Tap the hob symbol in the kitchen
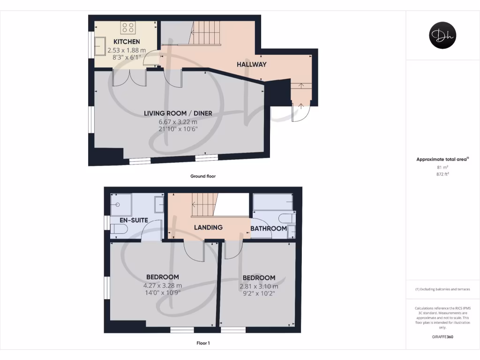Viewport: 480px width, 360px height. point(128,28)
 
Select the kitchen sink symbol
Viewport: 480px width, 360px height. point(101,46)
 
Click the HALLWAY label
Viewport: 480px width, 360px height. point(251,64)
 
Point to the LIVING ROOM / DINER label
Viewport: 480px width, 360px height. point(178,113)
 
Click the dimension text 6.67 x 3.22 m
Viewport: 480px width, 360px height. point(178,122)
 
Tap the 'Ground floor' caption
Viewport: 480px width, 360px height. point(202,176)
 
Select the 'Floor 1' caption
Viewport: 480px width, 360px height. point(203,343)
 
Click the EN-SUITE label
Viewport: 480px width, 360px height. point(134,219)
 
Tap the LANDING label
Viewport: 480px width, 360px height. point(209,227)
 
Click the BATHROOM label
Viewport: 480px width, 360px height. point(268,229)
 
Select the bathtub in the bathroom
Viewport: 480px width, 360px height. point(273,202)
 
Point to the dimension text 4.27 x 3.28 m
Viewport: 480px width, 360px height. point(163,285)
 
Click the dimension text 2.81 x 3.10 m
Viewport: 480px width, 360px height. point(259,286)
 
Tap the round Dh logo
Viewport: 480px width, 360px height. point(443,36)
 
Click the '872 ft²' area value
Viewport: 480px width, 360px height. point(443,174)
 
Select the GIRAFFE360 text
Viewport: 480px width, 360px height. point(443,337)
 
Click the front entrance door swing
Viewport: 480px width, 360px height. point(300,112)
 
